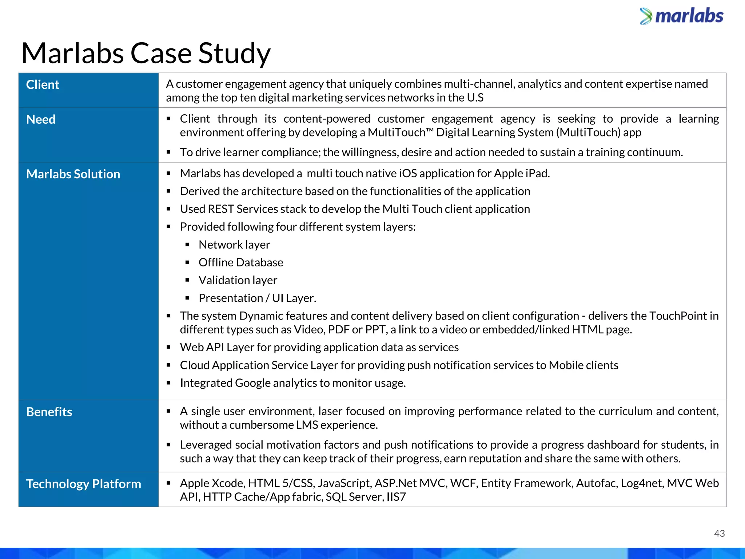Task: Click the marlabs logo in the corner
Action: point(681,16)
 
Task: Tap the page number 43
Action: point(719,534)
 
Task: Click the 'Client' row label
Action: point(43,85)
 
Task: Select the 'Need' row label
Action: point(41,119)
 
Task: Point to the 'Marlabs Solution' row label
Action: point(73,174)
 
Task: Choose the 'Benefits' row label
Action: point(49,412)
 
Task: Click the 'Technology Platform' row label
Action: point(84,484)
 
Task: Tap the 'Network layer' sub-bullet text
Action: point(234,245)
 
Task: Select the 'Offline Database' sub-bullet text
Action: point(241,262)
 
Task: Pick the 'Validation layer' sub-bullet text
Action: point(238,280)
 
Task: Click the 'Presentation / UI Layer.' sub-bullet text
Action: point(258,298)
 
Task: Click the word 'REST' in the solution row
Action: point(221,209)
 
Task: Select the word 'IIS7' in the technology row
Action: point(396,497)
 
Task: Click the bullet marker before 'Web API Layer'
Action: point(169,347)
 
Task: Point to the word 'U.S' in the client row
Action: point(475,98)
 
